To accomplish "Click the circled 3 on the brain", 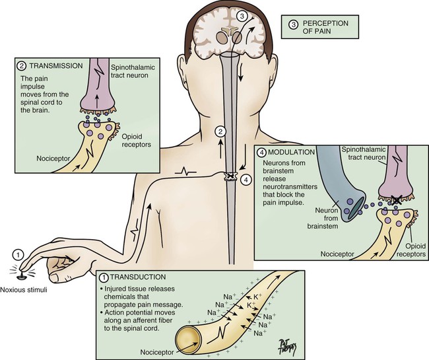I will [x=243, y=15].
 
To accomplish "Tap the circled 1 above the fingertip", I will [x=19, y=254].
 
